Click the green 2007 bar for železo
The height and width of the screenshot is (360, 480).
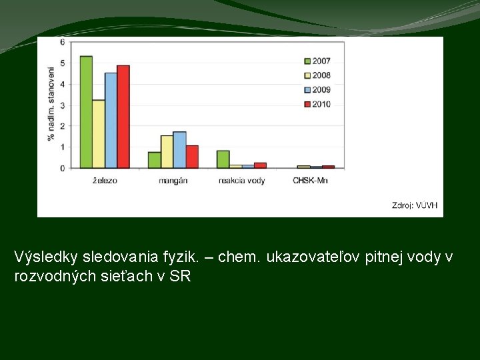click(86, 112)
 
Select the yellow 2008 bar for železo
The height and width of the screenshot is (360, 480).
click(98, 133)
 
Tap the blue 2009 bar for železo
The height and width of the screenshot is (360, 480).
click(111, 120)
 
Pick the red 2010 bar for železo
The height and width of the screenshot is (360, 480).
click(123, 117)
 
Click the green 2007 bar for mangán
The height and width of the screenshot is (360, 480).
click(154, 160)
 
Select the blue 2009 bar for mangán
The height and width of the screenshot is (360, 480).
click(179, 150)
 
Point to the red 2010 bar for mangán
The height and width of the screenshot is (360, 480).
click(192, 157)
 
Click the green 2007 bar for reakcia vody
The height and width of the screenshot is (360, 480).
click(223, 159)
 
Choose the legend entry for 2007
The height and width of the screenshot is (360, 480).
click(316, 61)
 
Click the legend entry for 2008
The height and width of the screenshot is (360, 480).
click(316, 75)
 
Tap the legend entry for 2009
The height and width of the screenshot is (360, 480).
click(316, 89)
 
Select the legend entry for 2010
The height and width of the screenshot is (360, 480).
click(316, 104)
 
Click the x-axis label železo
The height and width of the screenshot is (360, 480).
click(104, 181)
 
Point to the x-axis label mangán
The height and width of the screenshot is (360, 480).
click(173, 181)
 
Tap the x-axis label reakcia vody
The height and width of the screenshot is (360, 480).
click(241, 181)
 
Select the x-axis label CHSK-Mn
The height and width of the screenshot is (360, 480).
click(310, 181)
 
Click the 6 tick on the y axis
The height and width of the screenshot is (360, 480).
click(63, 42)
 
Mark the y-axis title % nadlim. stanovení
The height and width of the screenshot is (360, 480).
click(51, 103)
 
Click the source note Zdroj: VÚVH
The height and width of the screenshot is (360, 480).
click(415, 205)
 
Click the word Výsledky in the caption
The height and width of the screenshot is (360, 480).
click(41, 257)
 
